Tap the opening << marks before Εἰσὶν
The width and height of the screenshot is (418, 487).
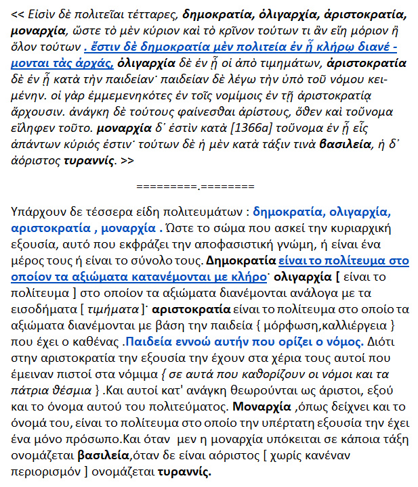pyautogui.click(x=20, y=13)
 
